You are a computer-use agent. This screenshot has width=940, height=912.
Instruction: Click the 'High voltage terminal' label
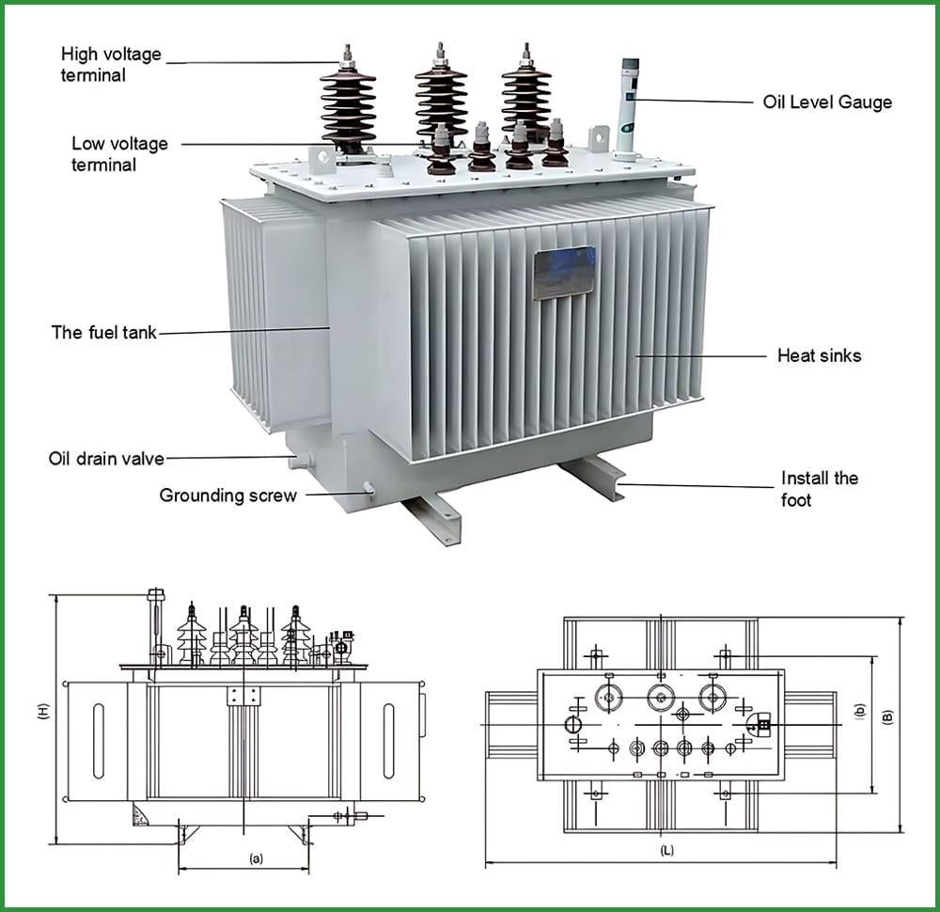[x=111, y=64]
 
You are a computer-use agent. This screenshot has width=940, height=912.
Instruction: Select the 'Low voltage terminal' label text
[x=119, y=154]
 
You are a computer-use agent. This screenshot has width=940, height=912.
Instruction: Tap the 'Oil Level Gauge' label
[x=827, y=102]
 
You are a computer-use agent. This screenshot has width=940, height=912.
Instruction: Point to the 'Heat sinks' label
[x=819, y=355]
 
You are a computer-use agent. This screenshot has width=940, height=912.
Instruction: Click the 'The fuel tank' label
[x=103, y=332]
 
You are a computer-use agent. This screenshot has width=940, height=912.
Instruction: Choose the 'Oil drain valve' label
[x=106, y=459]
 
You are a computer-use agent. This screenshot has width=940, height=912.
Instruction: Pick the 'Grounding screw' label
[x=227, y=495]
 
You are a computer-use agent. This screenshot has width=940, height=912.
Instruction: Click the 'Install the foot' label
[x=819, y=489]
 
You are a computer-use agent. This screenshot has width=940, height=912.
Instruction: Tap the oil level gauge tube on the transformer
[x=628, y=108]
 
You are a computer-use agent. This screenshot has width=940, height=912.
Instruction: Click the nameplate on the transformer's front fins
[x=563, y=272]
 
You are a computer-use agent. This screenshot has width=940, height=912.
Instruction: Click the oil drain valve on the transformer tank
[x=303, y=461]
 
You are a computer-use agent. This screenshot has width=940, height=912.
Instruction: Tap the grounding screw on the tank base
[x=368, y=487]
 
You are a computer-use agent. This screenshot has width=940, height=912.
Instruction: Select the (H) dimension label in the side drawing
[x=43, y=713]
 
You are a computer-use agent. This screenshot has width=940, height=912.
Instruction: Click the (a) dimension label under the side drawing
[x=255, y=858]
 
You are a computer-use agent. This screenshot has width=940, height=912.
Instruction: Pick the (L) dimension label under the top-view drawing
[x=666, y=850]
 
